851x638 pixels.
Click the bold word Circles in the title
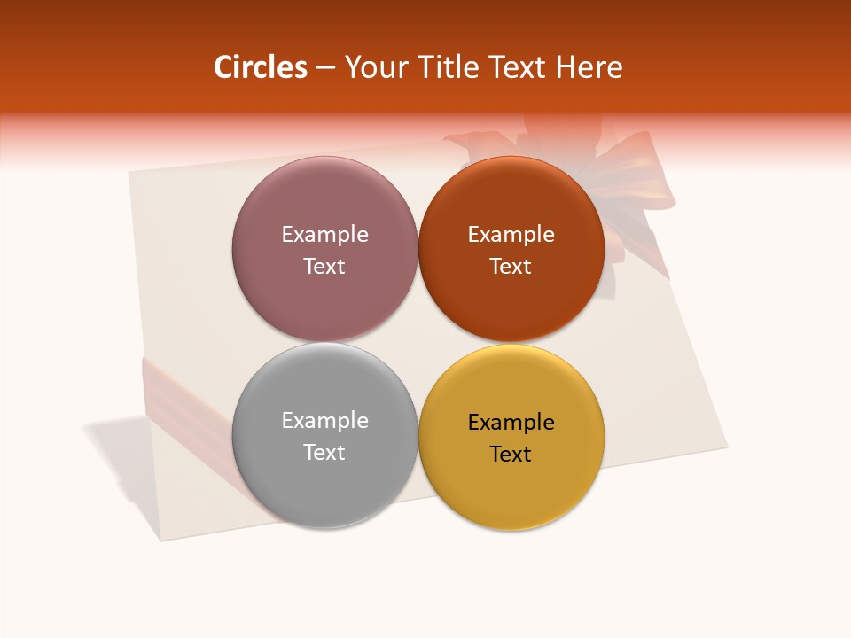pyautogui.click(x=260, y=67)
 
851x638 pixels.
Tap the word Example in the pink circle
pyautogui.click(x=324, y=235)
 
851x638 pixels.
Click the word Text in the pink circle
pyautogui.click(x=324, y=267)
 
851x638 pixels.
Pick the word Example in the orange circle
pyautogui.click(x=511, y=235)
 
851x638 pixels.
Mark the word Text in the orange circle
pyautogui.click(x=511, y=267)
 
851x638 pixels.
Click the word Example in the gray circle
pyautogui.click(x=324, y=421)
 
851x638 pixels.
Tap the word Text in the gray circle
pyautogui.click(x=324, y=453)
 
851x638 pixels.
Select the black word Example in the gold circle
pyautogui.click(x=511, y=423)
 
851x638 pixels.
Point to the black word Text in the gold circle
pyautogui.click(x=511, y=455)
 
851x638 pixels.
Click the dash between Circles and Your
pyautogui.click(x=325, y=68)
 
